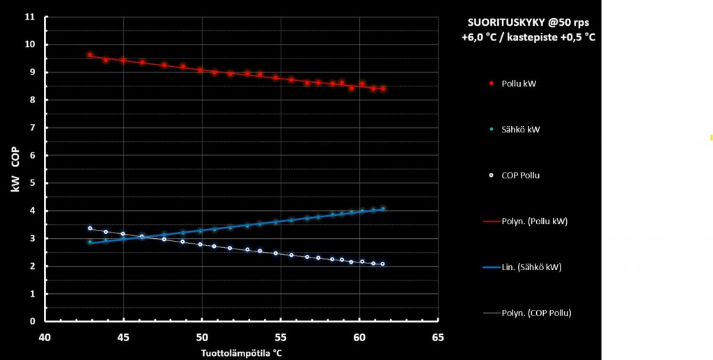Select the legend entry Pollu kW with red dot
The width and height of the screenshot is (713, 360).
pos(518,84)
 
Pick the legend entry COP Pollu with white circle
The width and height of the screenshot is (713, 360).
pos(520,175)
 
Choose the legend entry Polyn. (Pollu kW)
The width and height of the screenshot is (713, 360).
pos(535,221)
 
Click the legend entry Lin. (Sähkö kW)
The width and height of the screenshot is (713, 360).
pos(531,267)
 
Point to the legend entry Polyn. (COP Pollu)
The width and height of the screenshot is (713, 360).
pos(536,313)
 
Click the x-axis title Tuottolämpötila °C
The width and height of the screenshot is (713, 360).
pos(242,352)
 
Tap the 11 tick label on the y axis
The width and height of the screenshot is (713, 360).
pos(30,17)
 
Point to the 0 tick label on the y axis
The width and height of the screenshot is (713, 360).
pos(32,322)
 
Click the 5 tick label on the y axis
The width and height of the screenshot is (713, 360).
pos(32,183)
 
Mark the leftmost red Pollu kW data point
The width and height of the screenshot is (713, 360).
pos(90,54)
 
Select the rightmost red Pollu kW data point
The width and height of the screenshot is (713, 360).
pos(383,88)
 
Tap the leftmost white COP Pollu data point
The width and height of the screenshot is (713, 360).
pos(90,228)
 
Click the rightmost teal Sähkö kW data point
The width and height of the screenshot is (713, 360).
pos(383,208)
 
